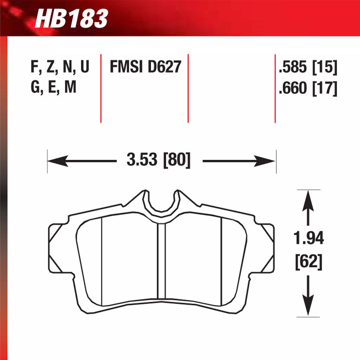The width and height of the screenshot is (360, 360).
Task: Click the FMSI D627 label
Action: pos(145,68)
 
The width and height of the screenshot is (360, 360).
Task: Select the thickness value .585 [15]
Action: pos(307,68)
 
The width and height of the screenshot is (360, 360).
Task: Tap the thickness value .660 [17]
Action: pos(307,88)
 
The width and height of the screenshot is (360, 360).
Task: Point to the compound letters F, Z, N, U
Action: pos(60,68)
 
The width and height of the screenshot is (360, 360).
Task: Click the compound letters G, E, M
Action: pos(53,88)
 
